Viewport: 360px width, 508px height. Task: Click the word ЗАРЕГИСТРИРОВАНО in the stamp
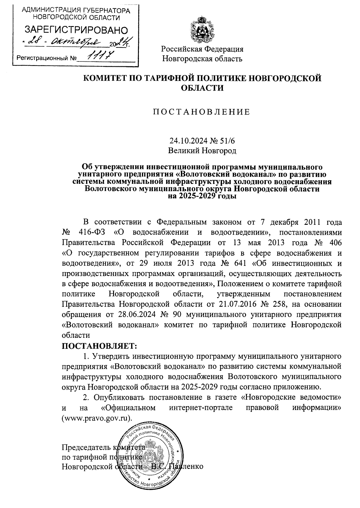click(76, 30)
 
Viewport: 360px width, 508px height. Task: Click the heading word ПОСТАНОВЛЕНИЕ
click(202, 112)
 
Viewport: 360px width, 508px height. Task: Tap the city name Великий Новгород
click(202, 150)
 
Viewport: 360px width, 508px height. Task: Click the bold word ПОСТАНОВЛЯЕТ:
click(99, 346)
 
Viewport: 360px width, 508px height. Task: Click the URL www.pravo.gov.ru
click(97, 418)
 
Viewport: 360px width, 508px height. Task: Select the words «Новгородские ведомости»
click(291, 397)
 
